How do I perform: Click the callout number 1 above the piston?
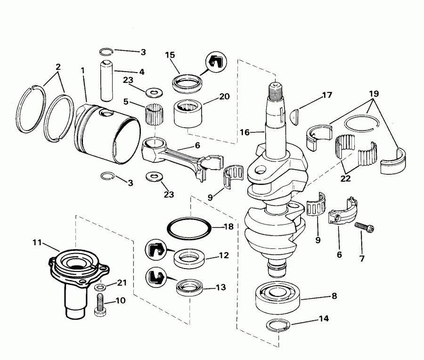coord(83,70)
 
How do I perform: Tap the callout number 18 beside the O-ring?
coord(228,227)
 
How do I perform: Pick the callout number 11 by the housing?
coord(38,243)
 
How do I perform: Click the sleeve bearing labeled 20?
coord(188,114)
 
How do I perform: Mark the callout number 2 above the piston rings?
coord(58,67)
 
